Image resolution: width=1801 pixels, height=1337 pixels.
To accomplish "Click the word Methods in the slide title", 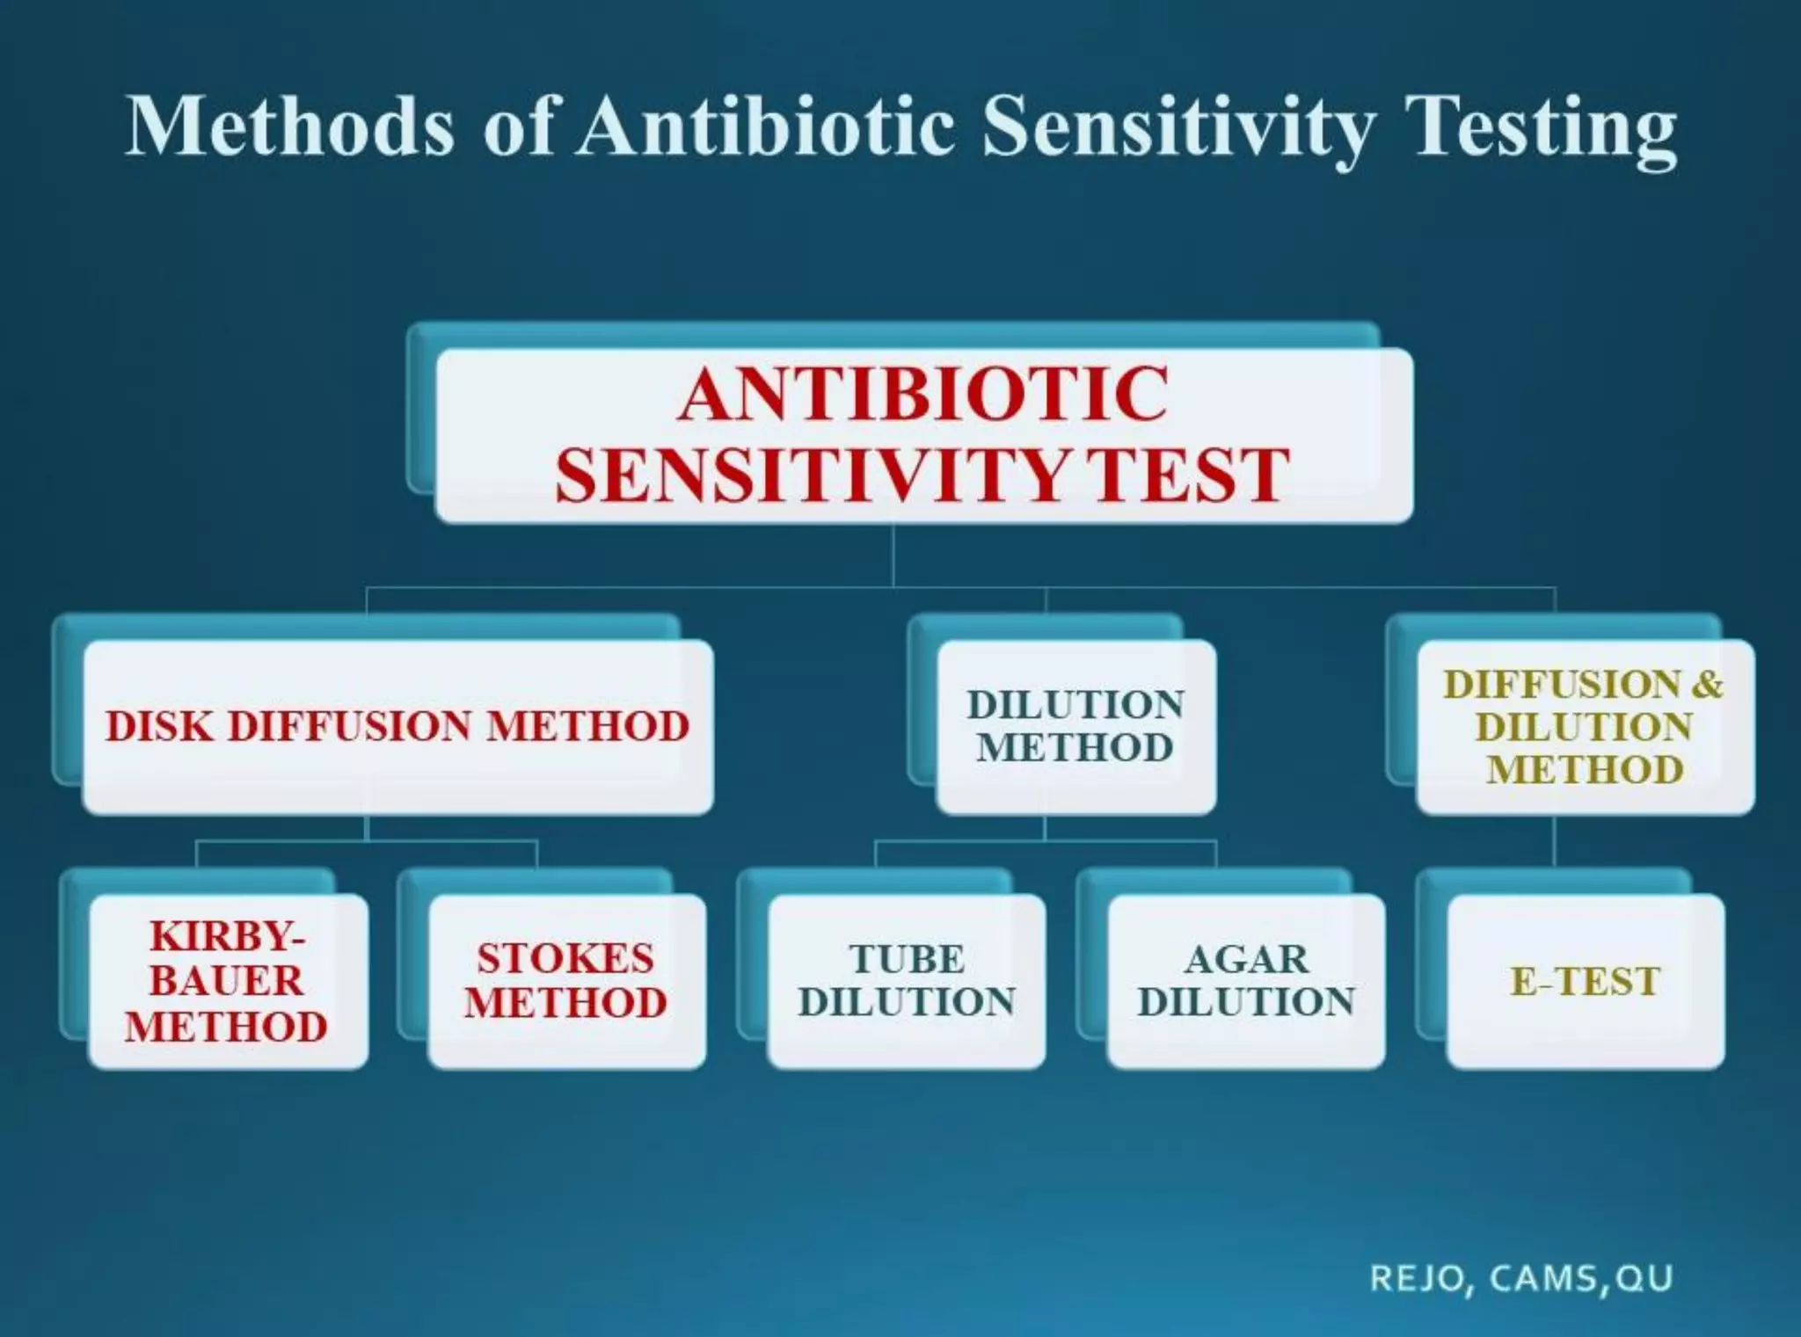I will (x=290, y=127).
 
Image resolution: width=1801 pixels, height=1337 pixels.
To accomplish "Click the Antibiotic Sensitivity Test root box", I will (x=923, y=435).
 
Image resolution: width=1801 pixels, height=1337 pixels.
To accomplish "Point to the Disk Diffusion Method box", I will (x=397, y=727).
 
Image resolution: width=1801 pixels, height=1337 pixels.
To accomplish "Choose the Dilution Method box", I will (x=1076, y=727).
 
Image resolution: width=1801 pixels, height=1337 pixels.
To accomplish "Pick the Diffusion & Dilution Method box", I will (x=1585, y=727).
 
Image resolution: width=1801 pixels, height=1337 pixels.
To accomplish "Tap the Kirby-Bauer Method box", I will (x=228, y=981).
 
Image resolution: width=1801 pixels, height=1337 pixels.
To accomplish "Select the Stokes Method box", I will (x=566, y=981).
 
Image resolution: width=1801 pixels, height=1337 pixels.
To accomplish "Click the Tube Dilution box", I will (x=906, y=981).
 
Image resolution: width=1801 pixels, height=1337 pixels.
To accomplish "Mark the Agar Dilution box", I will (x=1245, y=981).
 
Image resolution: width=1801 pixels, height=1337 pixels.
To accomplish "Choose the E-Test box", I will (x=1585, y=981).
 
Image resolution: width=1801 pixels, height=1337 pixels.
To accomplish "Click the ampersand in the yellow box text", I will (x=1707, y=685).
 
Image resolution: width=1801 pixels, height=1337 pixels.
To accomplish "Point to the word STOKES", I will (x=565, y=958).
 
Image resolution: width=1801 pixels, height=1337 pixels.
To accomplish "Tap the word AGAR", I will (x=1246, y=959).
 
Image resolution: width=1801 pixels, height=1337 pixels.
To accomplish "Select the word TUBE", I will (x=907, y=959).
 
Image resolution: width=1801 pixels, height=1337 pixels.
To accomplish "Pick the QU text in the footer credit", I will (x=1644, y=1278).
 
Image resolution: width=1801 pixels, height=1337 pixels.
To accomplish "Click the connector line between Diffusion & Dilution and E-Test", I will (x=1554, y=842).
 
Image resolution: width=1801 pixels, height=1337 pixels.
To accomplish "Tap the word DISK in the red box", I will (x=159, y=727).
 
